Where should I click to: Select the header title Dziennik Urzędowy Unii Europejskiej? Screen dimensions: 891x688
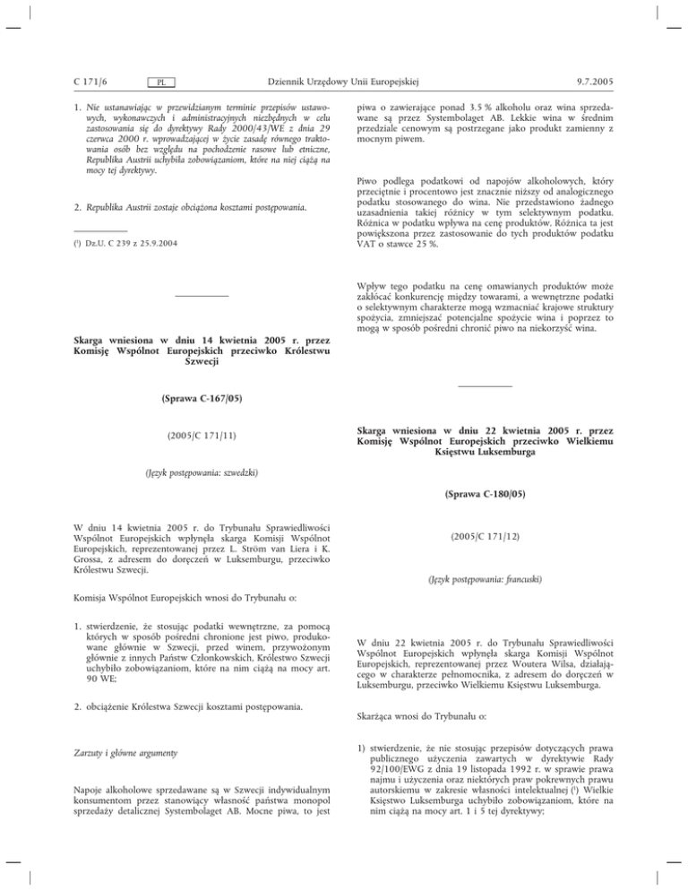tap(344, 82)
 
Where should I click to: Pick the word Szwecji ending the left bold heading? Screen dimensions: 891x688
tap(202, 361)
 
